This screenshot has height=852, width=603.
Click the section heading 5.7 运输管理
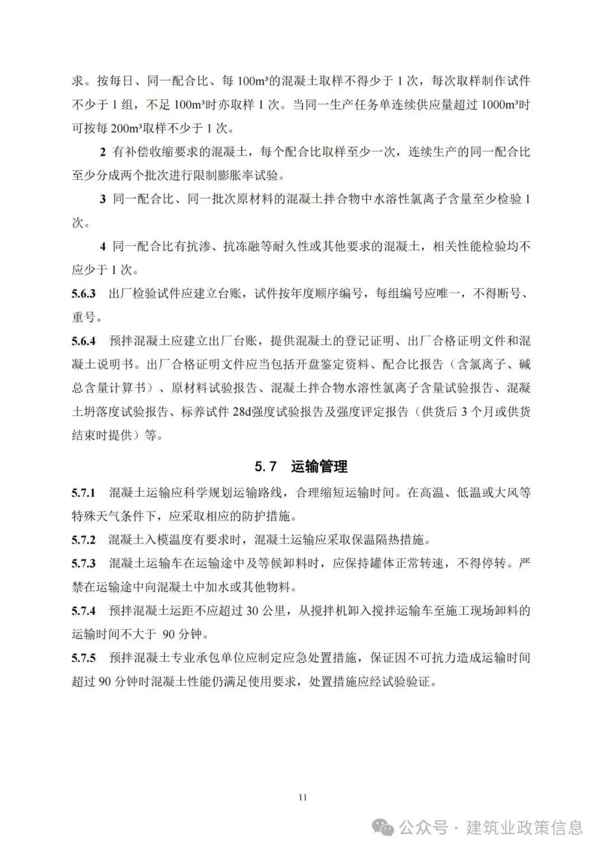click(301, 466)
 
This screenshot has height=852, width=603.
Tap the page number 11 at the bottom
click(303, 797)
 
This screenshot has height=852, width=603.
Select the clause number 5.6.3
click(83, 293)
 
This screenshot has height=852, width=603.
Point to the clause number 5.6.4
click(83, 341)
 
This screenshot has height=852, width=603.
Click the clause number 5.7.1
click(83, 493)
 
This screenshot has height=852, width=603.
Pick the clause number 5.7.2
click(83, 540)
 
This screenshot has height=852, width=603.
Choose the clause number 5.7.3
click(83, 564)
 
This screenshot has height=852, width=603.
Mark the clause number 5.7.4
click(83, 611)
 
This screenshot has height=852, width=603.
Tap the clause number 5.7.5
click(83, 658)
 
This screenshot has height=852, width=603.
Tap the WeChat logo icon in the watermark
click(386, 827)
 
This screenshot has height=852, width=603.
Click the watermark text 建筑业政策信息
click(524, 827)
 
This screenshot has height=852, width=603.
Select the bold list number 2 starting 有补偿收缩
click(103, 152)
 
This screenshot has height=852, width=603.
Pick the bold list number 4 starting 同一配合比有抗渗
click(103, 246)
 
